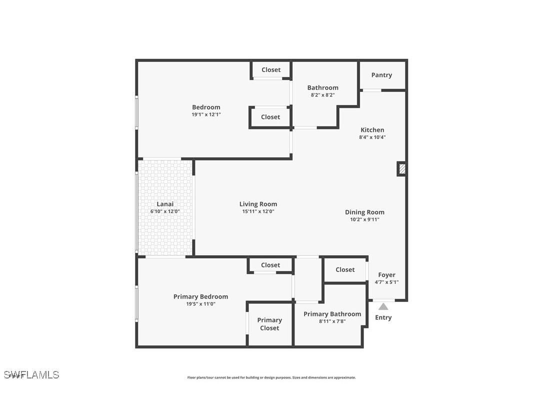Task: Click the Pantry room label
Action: tap(381, 75)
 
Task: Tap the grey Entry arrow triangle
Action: tap(383, 306)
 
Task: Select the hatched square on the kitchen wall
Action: tap(401, 168)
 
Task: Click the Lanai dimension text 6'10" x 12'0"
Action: tap(165, 211)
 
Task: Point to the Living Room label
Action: tap(258, 204)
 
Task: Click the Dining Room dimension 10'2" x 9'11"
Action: tap(364, 219)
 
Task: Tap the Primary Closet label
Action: tap(269, 324)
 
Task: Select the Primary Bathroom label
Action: tap(332, 314)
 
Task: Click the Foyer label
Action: tap(386, 275)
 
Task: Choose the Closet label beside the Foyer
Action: tap(345, 269)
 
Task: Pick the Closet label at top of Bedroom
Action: tap(271, 70)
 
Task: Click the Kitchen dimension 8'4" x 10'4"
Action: tap(372, 137)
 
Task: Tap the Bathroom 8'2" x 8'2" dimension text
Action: tap(322, 94)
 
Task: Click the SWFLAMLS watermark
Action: tap(31, 374)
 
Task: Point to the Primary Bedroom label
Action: tap(200, 296)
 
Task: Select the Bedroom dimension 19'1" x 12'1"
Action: tap(206, 114)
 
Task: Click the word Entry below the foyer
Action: tap(383, 317)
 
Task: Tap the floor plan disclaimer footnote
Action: tap(271, 377)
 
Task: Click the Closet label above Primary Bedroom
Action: tap(270, 265)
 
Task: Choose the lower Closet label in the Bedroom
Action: tap(270, 117)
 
